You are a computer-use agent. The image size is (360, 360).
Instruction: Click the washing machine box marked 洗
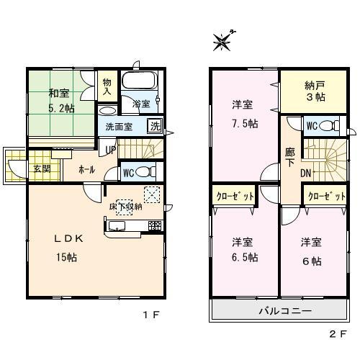coord(154,126)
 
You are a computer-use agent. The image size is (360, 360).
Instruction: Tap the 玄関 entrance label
coord(40,169)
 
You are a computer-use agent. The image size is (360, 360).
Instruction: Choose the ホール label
coord(86,171)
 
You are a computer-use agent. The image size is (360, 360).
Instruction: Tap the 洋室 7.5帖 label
coord(243,112)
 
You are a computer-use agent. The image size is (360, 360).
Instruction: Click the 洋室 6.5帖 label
coord(243,248)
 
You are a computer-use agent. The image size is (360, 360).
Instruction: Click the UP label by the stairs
coord(109,149)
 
